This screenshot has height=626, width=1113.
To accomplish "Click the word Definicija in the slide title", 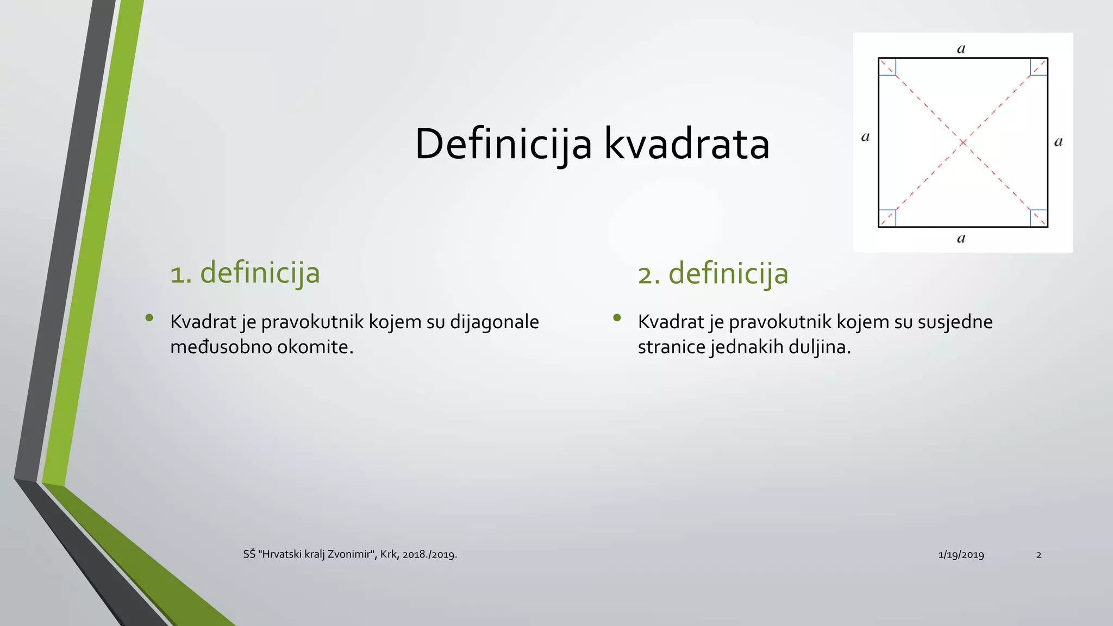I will (x=503, y=145).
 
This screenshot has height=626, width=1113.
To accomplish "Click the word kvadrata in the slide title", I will (x=687, y=145).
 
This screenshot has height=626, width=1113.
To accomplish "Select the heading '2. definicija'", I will (x=712, y=273).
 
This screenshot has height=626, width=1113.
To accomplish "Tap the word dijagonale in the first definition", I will (x=494, y=322).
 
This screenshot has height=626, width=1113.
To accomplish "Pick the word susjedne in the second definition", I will (x=955, y=322).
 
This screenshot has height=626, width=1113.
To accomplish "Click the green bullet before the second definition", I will (x=617, y=318).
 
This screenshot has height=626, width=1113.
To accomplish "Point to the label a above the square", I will (x=961, y=49).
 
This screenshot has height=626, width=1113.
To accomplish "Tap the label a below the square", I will (x=961, y=238).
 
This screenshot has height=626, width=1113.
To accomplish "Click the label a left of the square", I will (x=865, y=137).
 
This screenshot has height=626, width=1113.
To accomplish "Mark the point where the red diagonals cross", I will (x=963, y=142).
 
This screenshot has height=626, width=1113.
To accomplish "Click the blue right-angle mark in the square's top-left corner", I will (x=887, y=67).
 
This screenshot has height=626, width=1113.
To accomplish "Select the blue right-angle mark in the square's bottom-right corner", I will (x=1039, y=218).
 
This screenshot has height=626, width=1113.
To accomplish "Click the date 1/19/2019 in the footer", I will (x=961, y=555).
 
